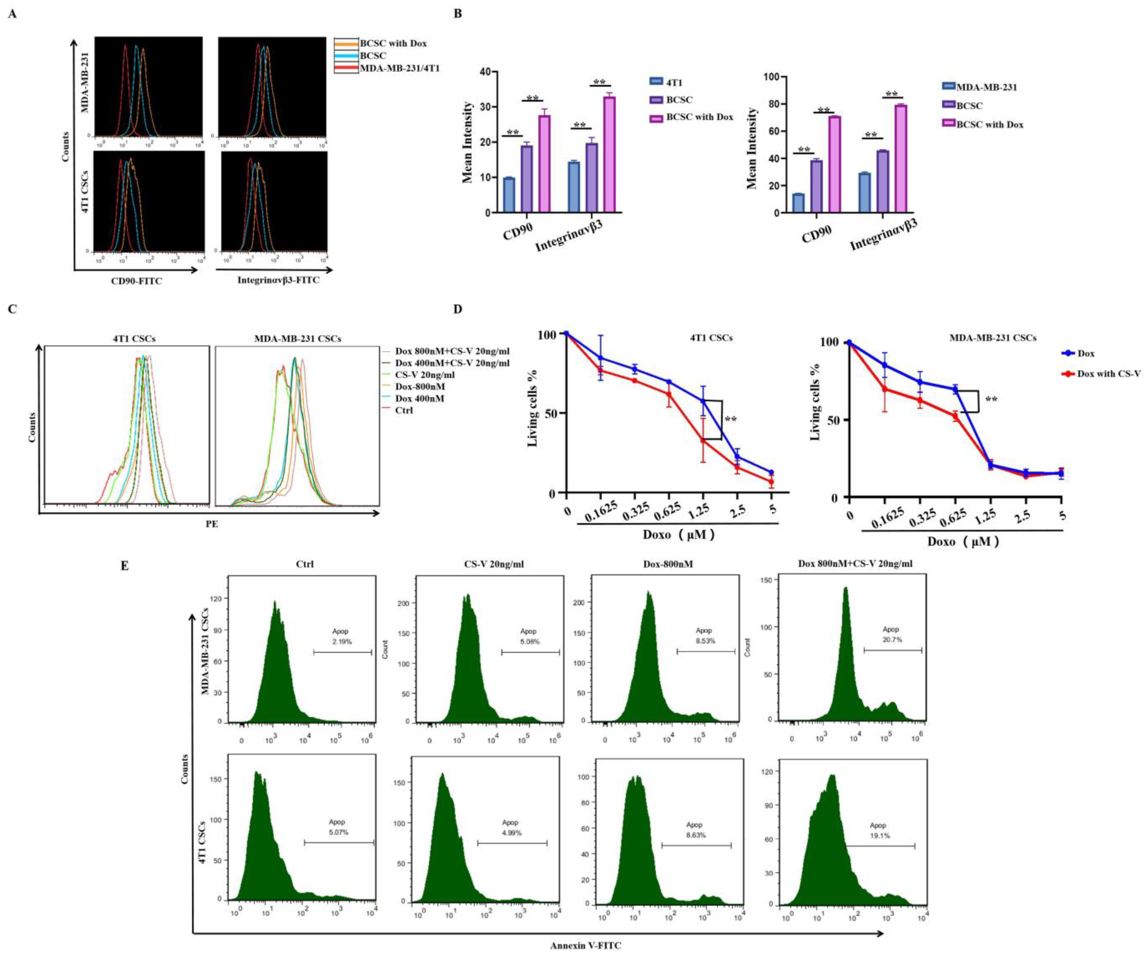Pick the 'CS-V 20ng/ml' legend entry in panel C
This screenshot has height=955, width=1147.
coord(424,375)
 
